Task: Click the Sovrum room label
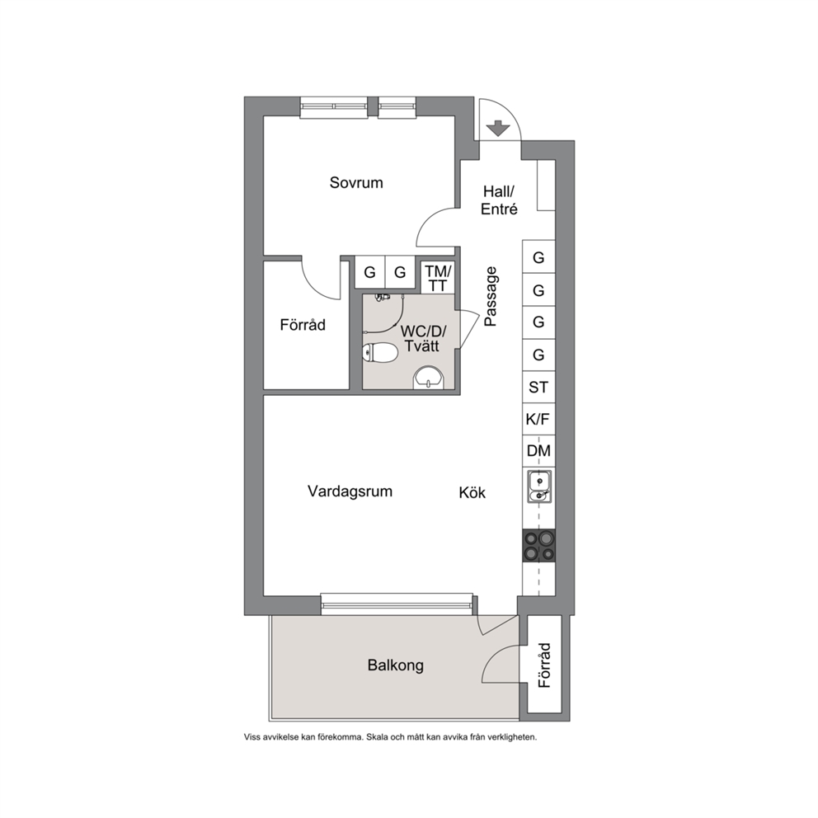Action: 356,182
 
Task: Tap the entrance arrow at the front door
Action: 498,128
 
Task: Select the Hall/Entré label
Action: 499,200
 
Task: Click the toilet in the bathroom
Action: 380,353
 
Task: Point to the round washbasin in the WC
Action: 428,378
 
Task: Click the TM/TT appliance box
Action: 437,278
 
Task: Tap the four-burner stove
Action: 539,545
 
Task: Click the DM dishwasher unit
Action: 539,451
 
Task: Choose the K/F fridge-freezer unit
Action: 539,419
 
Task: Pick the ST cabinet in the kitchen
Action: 539,387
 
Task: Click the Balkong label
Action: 396,665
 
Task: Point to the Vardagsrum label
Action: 350,491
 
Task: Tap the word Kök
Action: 472,492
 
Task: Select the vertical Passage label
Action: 491,297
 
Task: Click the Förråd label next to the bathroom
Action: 303,325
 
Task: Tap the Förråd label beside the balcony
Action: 544,665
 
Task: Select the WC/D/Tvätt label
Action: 422,338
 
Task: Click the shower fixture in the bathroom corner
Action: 383,298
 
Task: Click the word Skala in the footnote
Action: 377,738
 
